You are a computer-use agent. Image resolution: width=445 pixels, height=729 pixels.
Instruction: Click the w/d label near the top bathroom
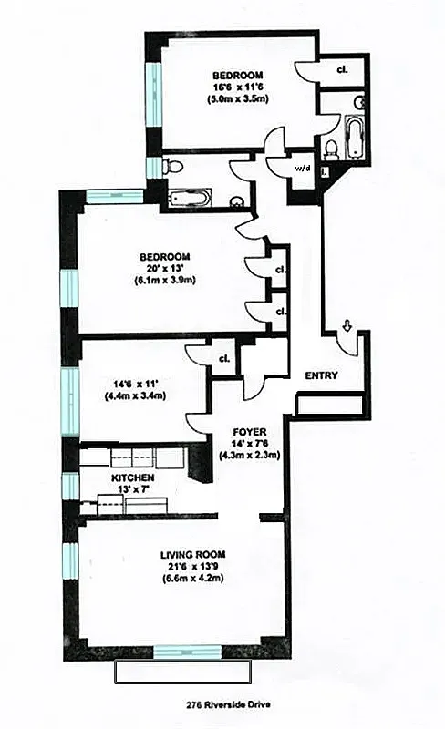click(x=300, y=168)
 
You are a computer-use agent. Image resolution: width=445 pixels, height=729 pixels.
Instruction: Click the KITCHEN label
click(x=132, y=478)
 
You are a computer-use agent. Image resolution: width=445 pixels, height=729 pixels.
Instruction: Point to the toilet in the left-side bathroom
click(x=177, y=166)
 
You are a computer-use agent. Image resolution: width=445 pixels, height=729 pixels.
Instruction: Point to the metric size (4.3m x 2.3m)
click(x=248, y=455)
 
